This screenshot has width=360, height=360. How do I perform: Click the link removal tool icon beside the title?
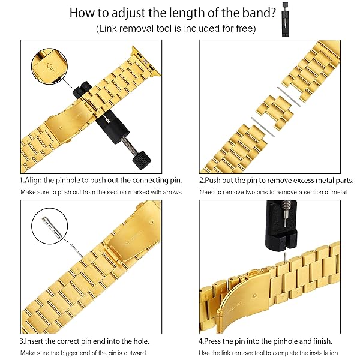click(286, 19)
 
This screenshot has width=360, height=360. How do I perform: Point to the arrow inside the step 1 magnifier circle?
click(50, 67)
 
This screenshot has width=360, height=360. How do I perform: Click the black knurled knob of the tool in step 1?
click(142, 160)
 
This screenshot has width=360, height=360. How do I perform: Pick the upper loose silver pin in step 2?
click(289, 97)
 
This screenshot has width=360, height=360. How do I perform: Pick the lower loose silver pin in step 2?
click(262, 127)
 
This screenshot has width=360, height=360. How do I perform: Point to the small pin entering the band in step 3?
click(77, 251)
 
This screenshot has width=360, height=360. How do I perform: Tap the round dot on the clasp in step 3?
click(151, 222)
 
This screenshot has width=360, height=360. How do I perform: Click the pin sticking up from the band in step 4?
click(285, 257)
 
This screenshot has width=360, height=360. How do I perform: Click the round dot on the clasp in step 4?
click(254, 296)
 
